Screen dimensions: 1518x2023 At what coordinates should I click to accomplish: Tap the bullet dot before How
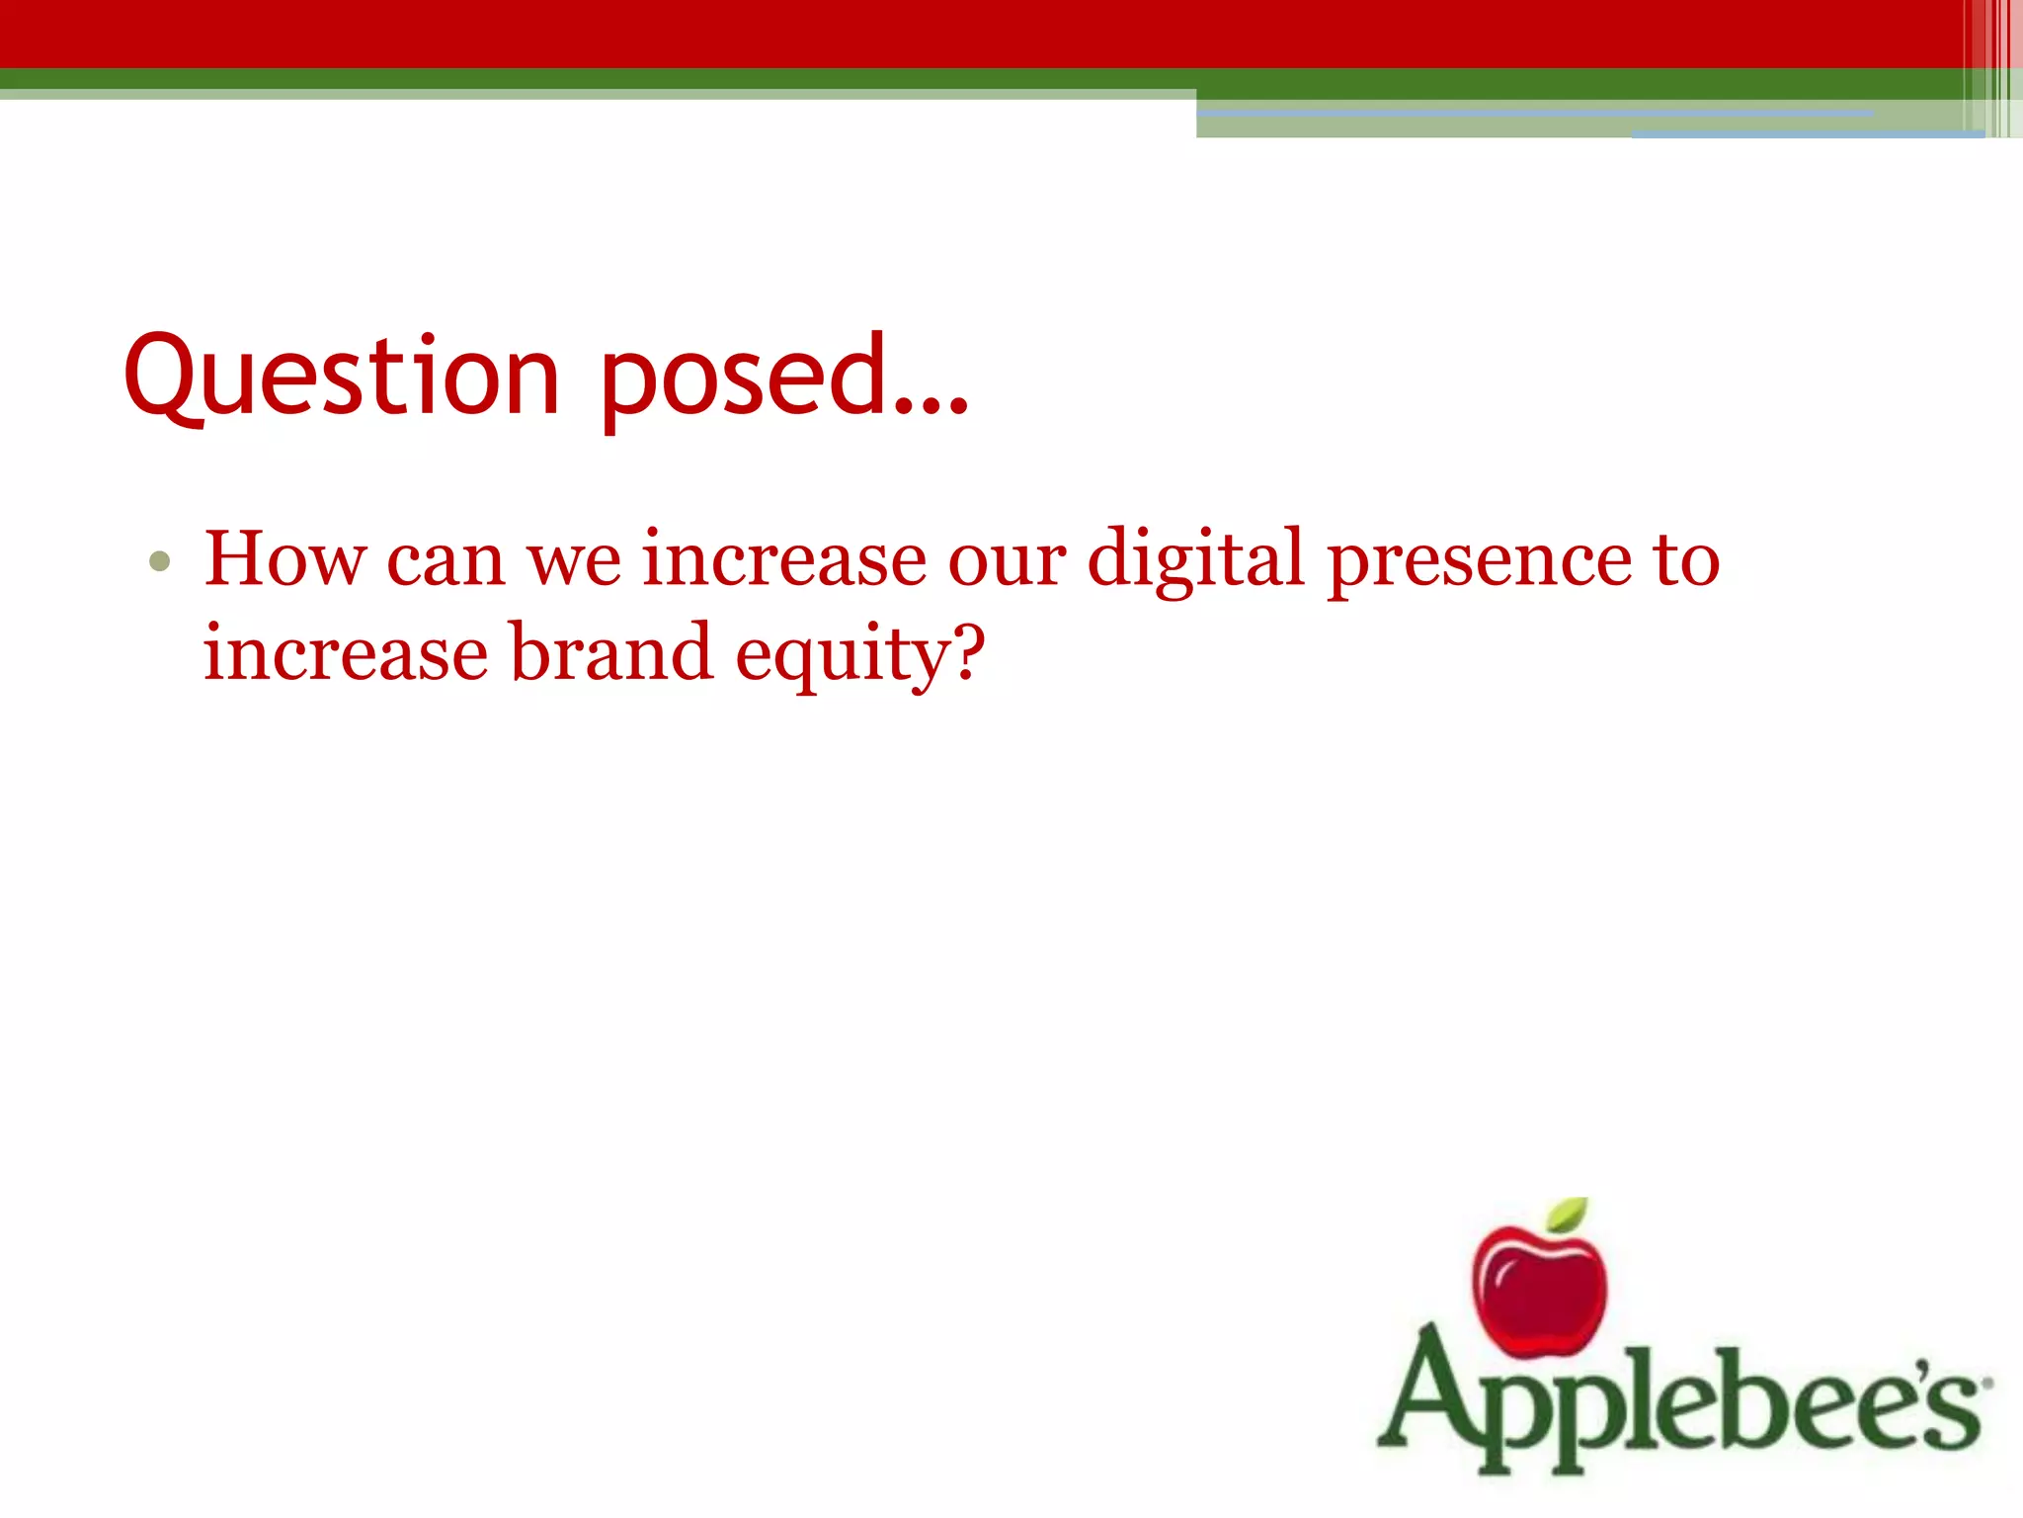(159, 562)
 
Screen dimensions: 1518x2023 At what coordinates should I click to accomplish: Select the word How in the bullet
(283, 559)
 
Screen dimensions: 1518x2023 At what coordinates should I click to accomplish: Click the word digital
(1195, 559)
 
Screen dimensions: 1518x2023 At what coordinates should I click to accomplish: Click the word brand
(611, 653)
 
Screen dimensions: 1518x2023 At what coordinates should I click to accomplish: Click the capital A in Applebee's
(1432, 1393)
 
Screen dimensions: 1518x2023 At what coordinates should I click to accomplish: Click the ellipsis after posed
(929, 405)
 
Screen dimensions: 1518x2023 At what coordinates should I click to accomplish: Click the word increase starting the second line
(345, 653)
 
